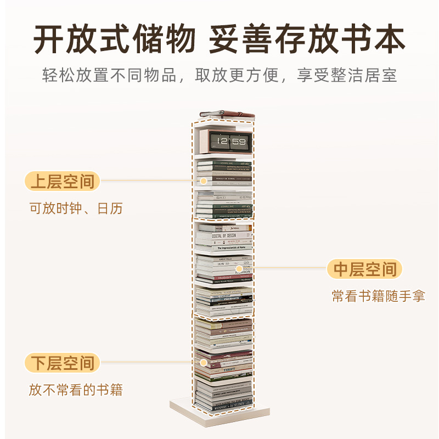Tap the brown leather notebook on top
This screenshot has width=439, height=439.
228,114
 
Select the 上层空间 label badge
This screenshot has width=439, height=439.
63,181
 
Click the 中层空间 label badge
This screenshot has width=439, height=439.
365,269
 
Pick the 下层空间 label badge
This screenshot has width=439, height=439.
63,363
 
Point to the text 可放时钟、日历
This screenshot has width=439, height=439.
76,209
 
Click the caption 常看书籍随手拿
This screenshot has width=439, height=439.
379,297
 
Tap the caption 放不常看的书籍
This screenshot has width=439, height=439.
76,391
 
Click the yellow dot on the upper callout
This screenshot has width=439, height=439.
204,181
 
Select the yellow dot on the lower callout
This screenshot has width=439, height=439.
204,363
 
